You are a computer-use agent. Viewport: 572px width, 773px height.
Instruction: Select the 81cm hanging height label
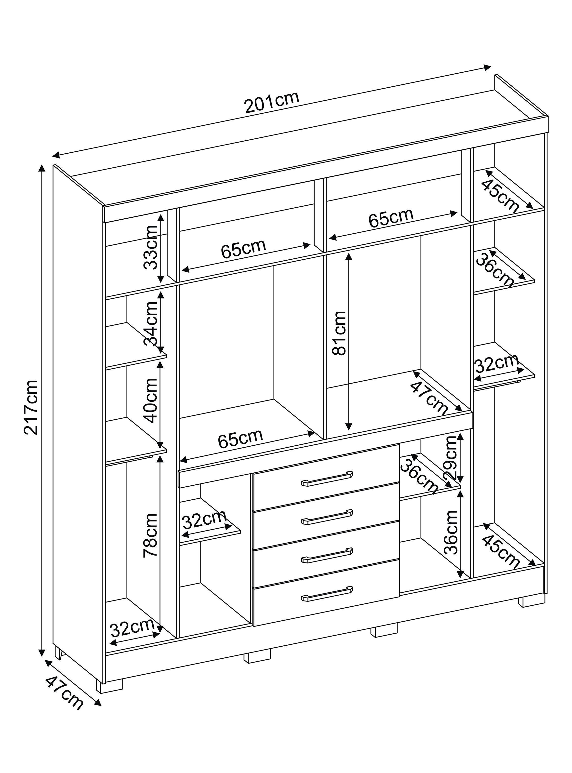coord(339,333)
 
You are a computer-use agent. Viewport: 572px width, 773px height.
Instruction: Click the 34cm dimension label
coord(151,324)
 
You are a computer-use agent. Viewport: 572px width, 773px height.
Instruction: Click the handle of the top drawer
coord(327,479)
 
